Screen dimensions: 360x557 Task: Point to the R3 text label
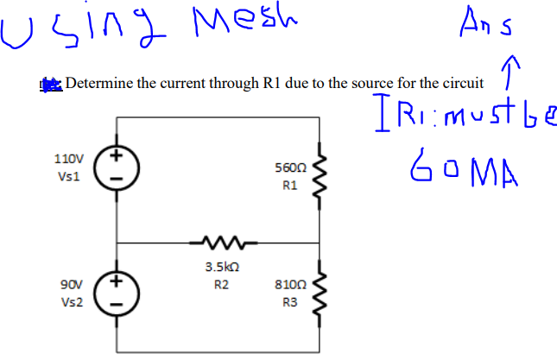click(x=286, y=303)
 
